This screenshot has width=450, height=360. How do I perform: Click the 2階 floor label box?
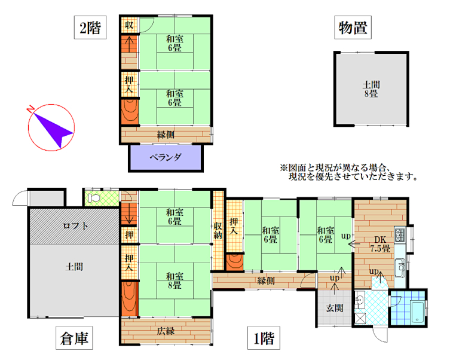pos(90,28)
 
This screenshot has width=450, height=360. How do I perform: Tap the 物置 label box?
pos(353,28)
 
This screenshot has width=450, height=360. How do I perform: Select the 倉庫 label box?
pos(74,338)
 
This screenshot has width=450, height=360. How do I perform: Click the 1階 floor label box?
pos(264,338)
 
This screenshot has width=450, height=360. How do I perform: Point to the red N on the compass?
pos(30,109)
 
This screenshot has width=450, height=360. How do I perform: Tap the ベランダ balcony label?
pos(166,157)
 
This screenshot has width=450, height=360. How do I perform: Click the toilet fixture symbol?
pos(94,198)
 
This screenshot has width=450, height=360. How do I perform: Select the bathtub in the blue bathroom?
pos(418,312)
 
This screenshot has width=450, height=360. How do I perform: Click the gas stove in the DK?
pos(400,234)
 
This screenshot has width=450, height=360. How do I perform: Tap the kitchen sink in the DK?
pos(400,267)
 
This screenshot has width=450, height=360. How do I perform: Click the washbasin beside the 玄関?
pos(360,300)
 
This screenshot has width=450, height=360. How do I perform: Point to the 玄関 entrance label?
pos(335,308)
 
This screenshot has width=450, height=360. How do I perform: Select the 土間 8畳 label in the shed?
pos(371,89)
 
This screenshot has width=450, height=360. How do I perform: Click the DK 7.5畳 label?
pos(380,244)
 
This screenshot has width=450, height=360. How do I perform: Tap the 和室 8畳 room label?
pos(175,280)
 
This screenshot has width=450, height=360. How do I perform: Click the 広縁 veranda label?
pos(166,331)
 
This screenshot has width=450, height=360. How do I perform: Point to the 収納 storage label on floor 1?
pos(218,230)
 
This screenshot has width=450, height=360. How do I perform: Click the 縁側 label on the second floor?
pos(166,135)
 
